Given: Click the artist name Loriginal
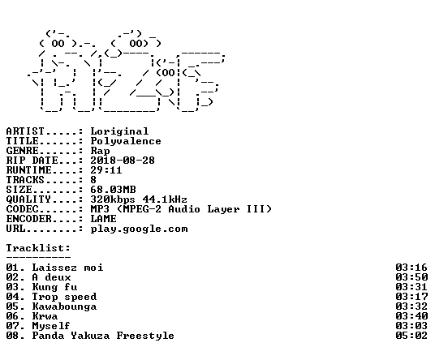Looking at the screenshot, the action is tap(119, 131).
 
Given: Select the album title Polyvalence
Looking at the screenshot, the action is tap(126, 141).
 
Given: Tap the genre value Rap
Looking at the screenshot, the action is tap(100, 151).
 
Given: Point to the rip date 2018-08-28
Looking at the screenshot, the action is tap(123, 161).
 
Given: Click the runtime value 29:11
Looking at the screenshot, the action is tap(106, 170).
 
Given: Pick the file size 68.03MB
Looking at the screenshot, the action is tap(113, 190).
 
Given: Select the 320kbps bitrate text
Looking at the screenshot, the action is tap(113, 199).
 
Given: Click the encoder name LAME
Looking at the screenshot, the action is tap(104, 219).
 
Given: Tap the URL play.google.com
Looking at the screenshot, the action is tap(140, 229).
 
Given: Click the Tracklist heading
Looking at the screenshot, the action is tap(38, 248).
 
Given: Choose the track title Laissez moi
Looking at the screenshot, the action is tap(67, 268).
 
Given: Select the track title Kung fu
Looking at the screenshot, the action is tap(54, 287).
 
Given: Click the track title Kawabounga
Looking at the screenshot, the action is tap(64, 306).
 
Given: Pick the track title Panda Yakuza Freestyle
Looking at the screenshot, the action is tap(103, 336).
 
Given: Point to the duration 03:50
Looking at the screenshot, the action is tap(411, 277).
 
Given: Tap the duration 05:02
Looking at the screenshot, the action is tap(411, 336).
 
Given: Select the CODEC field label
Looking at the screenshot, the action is tap(23, 209).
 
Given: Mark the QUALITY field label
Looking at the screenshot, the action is tap(28, 199).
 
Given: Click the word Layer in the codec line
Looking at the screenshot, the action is tap(223, 209).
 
